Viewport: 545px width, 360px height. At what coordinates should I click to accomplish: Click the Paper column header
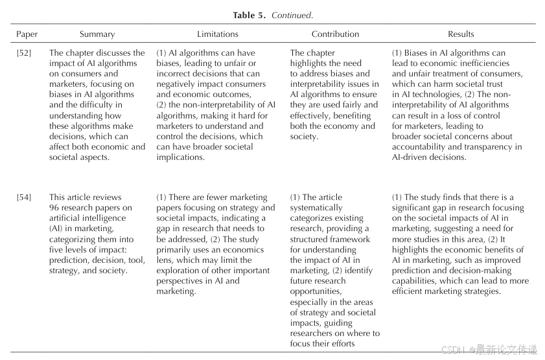tap(27, 34)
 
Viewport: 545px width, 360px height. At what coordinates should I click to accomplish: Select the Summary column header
tap(97, 34)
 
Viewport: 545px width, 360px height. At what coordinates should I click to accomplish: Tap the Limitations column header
tap(218, 34)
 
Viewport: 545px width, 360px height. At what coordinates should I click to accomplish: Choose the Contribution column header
tap(335, 34)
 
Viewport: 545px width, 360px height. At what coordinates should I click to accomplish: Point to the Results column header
tap(461, 34)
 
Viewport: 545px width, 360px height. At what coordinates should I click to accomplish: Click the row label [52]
tap(24, 53)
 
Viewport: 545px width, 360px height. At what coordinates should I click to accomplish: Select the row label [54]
tap(24, 197)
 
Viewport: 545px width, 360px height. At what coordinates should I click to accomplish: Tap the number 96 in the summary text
tap(55, 208)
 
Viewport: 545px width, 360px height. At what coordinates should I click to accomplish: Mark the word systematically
tap(316, 208)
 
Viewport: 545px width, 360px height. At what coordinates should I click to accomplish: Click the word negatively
tap(178, 84)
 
